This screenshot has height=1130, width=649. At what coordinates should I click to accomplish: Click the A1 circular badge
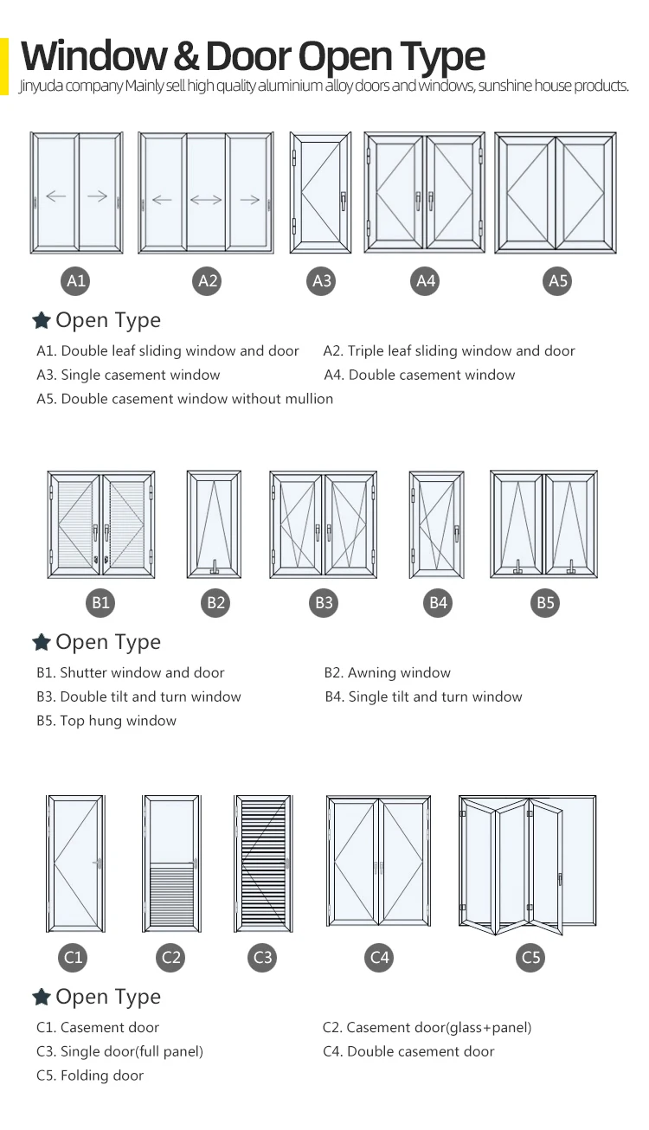point(76,280)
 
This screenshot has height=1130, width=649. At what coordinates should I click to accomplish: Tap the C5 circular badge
point(531,957)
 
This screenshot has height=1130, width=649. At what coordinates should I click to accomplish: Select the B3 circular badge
point(324,603)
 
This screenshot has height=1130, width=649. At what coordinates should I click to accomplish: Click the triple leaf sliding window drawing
point(206,193)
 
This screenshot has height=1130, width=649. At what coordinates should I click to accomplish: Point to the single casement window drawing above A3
point(320,193)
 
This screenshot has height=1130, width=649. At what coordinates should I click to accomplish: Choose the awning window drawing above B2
point(214,524)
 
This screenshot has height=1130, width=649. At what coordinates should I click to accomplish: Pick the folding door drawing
point(527,864)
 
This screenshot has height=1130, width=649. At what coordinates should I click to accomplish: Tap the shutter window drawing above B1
point(101,524)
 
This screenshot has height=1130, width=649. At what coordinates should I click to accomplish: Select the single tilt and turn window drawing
point(436,524)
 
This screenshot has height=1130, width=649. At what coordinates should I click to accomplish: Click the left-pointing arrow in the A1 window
point(56,196)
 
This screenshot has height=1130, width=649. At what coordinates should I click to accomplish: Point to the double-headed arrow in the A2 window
point(206,200)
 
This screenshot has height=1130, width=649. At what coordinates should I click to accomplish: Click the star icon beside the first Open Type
point(41,321)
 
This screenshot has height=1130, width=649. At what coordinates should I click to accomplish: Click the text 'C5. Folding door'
point(90,1075)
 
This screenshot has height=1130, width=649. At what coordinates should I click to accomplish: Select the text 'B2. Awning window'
point(387,672)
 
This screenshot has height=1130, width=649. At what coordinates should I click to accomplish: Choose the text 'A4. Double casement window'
point(420,375)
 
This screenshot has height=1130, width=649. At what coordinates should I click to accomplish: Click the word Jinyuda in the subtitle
point(39,87)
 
